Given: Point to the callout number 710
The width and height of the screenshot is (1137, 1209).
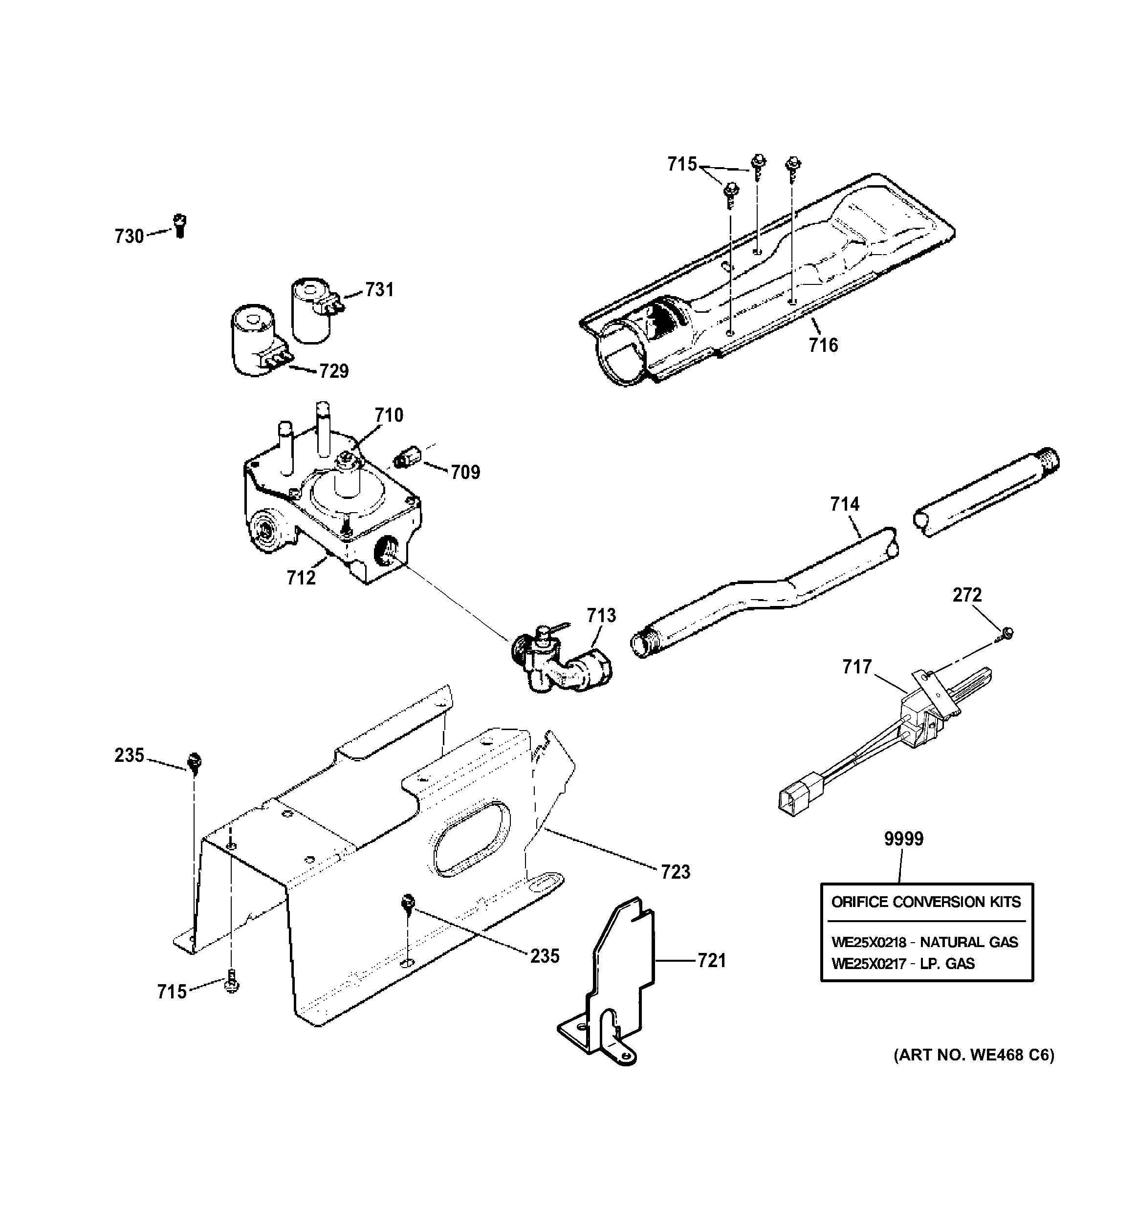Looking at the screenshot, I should tap(389, 415).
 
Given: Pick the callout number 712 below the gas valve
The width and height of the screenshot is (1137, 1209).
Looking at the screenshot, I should tap(301, 578).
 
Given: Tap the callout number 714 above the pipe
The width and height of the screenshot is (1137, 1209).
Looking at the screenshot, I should tap(845, 504).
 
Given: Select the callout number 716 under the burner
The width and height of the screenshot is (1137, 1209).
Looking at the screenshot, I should tap(823, 345).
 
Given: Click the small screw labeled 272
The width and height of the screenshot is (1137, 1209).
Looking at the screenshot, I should tap(1007, 634).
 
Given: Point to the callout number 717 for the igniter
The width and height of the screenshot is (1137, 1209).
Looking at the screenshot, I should tap(857, 667).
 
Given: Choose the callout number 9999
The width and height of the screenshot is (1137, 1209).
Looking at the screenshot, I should tap(903, 839).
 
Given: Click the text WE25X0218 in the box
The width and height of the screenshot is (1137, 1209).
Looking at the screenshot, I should tap(869, 943).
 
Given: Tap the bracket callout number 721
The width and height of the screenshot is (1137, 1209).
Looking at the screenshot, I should tap(712, 961).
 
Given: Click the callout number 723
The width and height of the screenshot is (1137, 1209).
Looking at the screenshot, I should tap(676, 872).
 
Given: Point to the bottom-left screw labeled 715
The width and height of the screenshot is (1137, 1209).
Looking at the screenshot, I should tap(232, 985).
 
